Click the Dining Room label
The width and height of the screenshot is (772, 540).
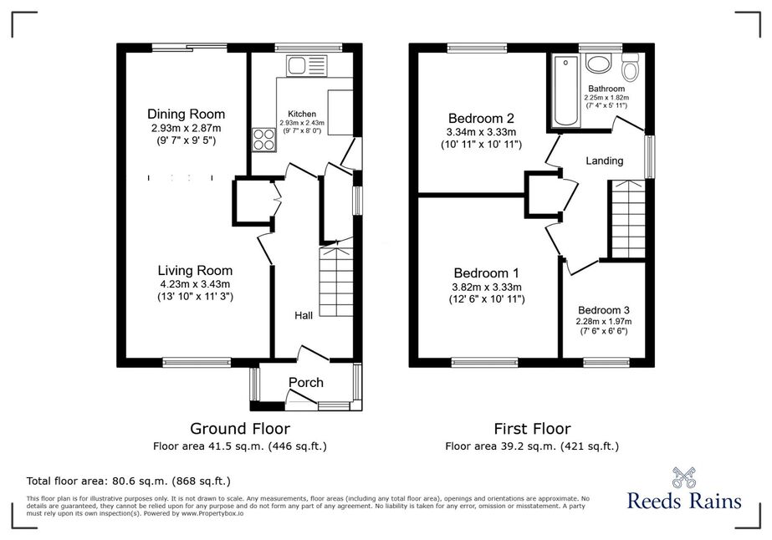(187, 115)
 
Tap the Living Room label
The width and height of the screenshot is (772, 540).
(195, 270)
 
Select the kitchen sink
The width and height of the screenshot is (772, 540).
(306, 65)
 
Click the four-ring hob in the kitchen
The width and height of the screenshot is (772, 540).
(264, 139)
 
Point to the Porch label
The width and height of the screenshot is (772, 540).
(306, 383)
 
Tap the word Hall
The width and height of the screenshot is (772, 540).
(304, 315)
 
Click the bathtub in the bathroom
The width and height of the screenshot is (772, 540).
(566, 90)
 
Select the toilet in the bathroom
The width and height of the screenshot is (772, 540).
(630, 67)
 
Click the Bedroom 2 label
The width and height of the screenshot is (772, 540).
(481, 119)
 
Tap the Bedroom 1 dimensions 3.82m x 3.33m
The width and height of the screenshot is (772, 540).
(487, 288)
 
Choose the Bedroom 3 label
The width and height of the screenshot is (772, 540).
(604, 310)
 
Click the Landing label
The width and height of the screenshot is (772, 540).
(604, 160)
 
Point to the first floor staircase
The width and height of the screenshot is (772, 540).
(628, 219)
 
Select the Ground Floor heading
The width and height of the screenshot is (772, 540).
(240, 429)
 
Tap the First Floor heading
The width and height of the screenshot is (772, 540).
(532, 429)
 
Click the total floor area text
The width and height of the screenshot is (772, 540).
(129, 481)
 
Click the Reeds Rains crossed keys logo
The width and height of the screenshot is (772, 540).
(684, 477)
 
